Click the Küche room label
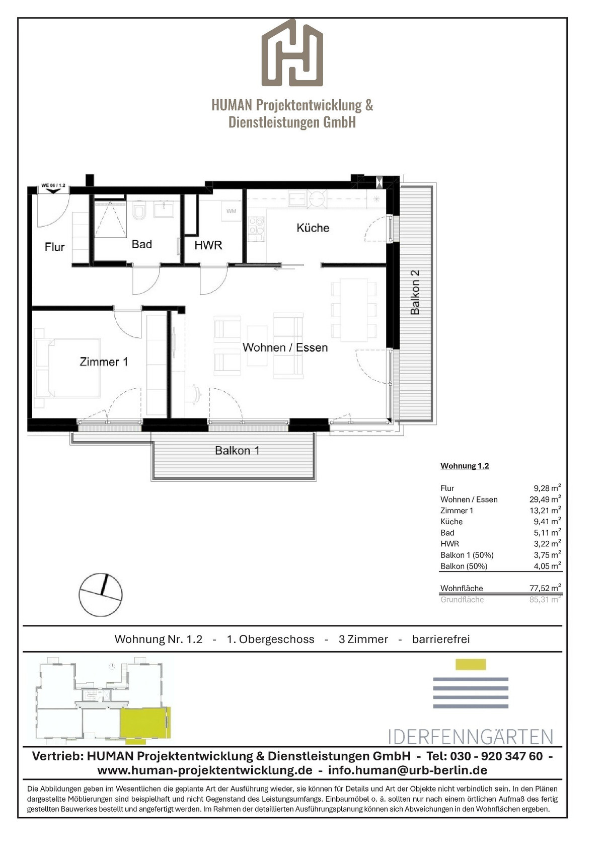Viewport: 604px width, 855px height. click(x=313, y=228)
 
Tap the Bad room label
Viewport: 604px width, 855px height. click(x=142, y=244)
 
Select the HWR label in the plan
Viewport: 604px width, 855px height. click(x=208, y=245)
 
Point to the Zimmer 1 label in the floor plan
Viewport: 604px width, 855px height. click(x=104, y=362)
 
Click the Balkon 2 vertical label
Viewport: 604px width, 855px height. click(x=415, y=293)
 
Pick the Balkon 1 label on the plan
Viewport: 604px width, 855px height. click(x=238, y=450)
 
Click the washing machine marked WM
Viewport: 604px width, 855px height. click(x=231, y=211)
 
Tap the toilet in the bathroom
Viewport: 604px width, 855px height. click(x=138, y=211)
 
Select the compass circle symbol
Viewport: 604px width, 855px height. click(x=101, y=595)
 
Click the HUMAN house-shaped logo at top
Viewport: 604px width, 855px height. click(x=292, y=52)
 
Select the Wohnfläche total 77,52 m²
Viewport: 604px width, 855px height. click(x=545, y=588)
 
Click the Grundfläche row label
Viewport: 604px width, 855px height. click(x=462, y=599)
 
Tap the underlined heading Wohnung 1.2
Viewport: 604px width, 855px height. click(x=465, y=466)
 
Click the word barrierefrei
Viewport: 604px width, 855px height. click(x=441, y=639)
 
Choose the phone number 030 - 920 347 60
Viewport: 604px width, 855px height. click(x=496, y=756)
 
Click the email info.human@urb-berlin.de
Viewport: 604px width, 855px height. click(x=408, y=770)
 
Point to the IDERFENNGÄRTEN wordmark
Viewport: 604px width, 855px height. click(x=471, y=736)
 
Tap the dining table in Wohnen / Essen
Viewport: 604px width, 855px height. click(x=354, y=310)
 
